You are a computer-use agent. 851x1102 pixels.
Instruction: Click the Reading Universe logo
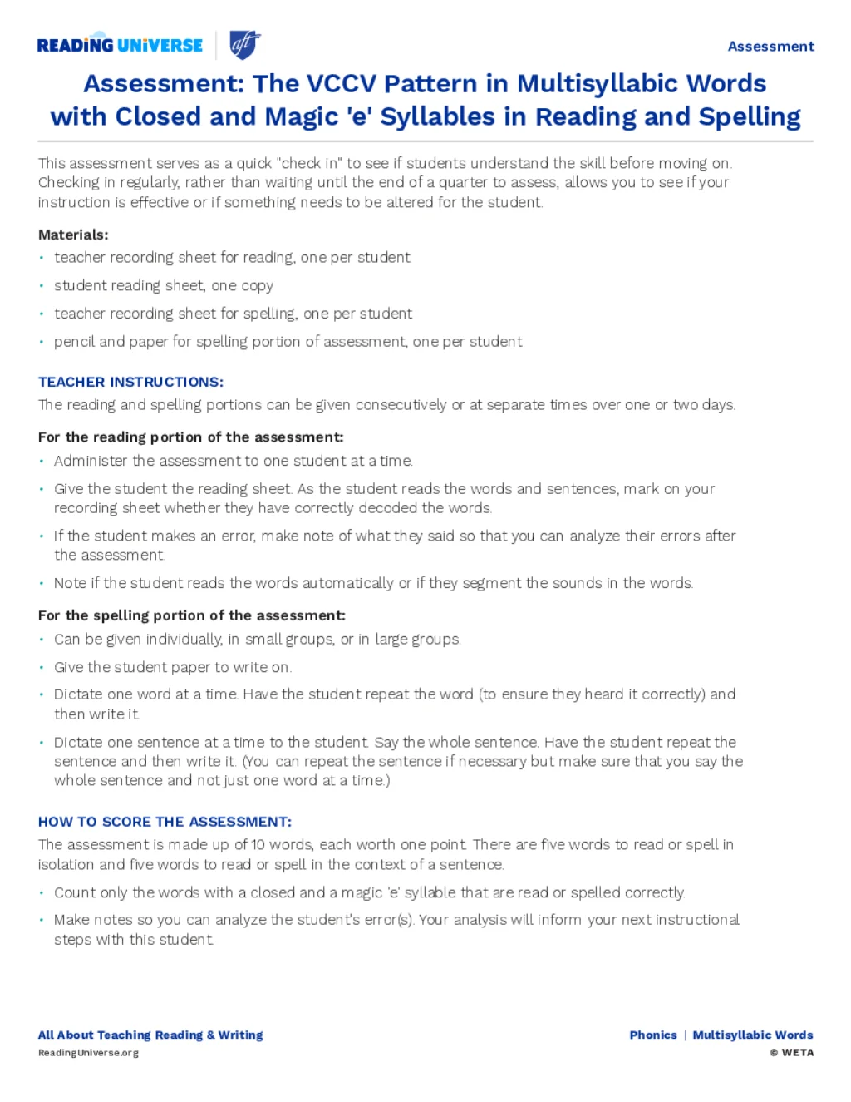(120, 45)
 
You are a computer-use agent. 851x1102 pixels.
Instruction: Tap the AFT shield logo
(244, 44)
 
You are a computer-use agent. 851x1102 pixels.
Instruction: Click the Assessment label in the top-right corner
(770, 47)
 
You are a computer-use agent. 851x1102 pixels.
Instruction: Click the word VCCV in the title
(341, 84)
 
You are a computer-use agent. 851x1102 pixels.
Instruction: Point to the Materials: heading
(73, 235)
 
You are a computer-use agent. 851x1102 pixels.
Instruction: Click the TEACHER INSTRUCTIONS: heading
(130, 382)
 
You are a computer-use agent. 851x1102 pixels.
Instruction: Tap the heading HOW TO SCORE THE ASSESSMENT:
(165, 822)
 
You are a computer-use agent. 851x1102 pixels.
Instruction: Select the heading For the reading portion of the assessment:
(190, 437)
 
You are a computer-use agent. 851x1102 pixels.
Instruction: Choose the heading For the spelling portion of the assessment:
(191, 615)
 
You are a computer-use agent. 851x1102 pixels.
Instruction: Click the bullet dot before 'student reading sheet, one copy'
(42, 286)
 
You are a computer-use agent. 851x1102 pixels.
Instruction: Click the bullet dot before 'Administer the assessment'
(42, 461)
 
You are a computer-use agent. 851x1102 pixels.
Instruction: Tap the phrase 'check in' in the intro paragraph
(312, 163)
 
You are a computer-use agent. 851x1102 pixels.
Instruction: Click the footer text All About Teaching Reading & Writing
(150, 1035)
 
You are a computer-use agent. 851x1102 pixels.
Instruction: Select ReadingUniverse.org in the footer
(88, 1053)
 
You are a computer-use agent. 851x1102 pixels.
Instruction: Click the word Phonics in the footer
(653, 1035)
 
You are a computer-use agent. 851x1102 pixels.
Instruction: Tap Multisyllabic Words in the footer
(753, 1035)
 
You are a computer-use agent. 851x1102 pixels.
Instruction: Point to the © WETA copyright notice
(792, 1053)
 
